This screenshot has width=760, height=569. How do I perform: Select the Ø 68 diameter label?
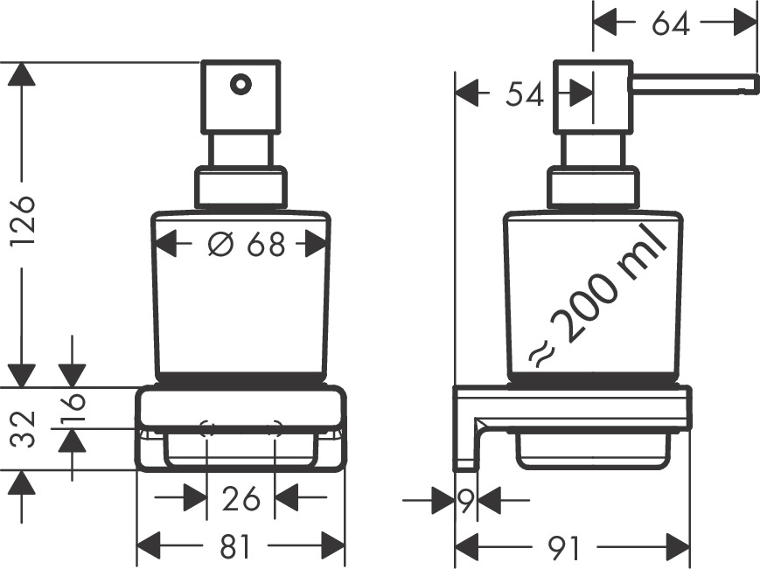point(247,245)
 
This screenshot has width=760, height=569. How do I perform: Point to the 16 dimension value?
point(73,408)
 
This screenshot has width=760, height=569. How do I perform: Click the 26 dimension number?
point(241,499)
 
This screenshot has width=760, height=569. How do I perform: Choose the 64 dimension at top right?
point(671,24)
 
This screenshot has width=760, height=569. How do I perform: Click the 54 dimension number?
point(525,93)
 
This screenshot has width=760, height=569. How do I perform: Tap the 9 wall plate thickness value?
point(466,501)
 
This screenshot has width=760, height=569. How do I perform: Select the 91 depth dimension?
point(564,548)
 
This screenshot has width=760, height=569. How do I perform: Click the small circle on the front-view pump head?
point(240,85)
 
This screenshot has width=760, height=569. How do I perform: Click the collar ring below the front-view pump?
point(240,188)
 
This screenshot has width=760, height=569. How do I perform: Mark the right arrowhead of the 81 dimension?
point(333,547)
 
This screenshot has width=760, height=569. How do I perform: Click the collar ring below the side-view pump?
point(593,188)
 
